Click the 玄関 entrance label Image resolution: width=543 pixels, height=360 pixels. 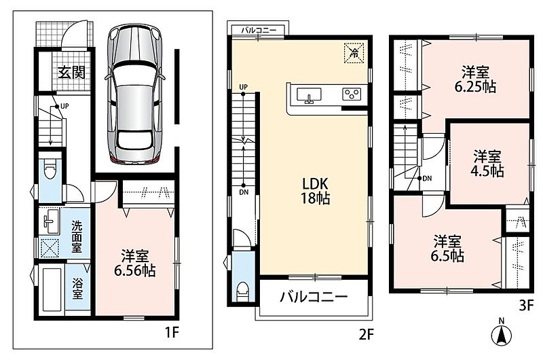click(71, 72)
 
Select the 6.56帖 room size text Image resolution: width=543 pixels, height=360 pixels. click(134, 270)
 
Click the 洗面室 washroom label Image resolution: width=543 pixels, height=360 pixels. click(77, 236)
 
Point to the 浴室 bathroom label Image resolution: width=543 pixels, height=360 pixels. click(77, 289)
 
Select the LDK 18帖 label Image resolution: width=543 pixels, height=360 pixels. click(315, 191)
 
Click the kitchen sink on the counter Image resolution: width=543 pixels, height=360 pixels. click(309, 96)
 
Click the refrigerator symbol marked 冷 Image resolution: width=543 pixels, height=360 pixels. click(354, 53)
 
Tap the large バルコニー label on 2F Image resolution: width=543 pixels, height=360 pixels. click(314, 297)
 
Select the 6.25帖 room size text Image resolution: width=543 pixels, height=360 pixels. click(475, 87)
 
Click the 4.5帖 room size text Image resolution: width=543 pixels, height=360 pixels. click(487, 171)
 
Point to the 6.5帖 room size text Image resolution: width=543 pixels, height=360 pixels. click(447, 255)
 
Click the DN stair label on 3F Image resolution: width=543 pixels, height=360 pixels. click(427, 179)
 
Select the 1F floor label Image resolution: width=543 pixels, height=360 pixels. click(172, 333)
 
